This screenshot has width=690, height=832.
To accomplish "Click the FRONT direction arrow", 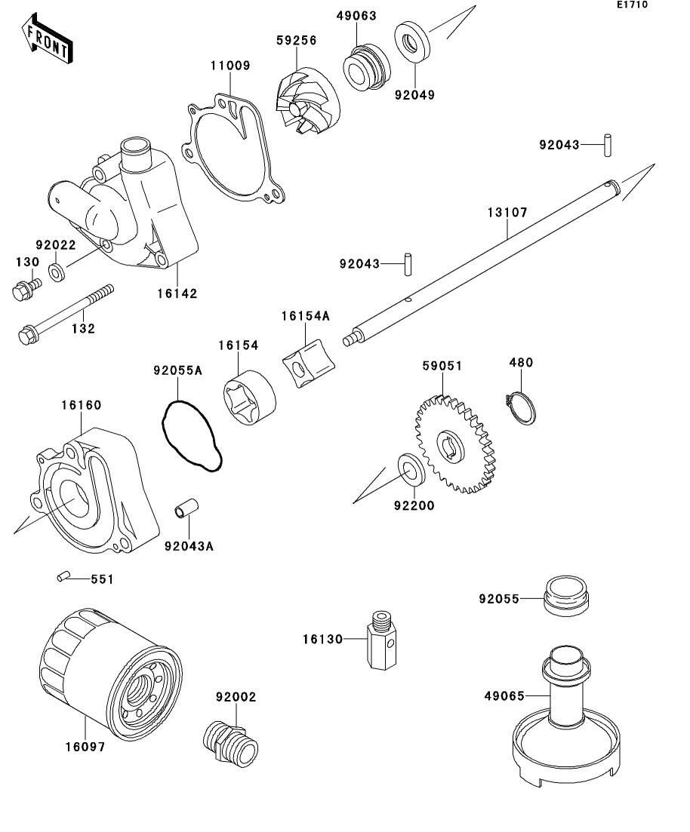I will [x=48, y=41].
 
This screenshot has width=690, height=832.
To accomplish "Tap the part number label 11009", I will [x=229, y=66].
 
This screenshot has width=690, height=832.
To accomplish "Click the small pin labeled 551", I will [x=63, y=577].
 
